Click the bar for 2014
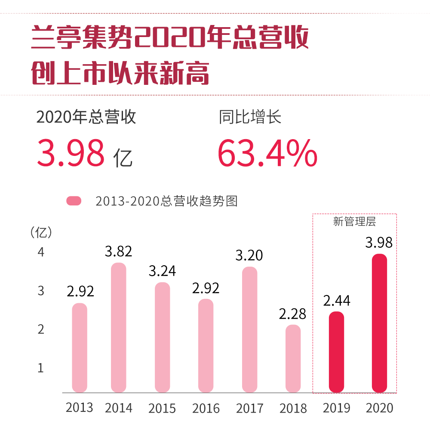pyautogui.click(x=118, y=327)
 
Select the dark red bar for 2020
pyautogui.click(x=379, y=323)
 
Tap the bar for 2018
pyautogui.click(x=293, y=358)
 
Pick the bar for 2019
pyautogui.click(x=336, y=352)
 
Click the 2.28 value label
pyautogui.click(x=292, y=314)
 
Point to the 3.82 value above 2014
pyautogui.click(x=118, y=252)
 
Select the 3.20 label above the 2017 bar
pyautogui.click(x=249, y=256)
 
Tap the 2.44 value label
pyautogui.click(x=337, y=301)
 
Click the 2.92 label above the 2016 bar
pyautogui.click(x=206, y=288)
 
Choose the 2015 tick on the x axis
pyautogui.click(x=162, y=408)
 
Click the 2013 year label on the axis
pyautogui.click(x=79, y=407)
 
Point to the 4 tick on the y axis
pyautogui.click(x=41, y=252)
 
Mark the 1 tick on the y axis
pyautogui.click(x=41, y=368)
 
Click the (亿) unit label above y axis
pyautogui.click(x=41, y=232)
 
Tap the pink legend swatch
pyautogui.click(x=74, y=201)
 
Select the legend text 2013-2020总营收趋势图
pyautogui.click(x=166, y=201)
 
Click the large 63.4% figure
pyautogui.click(x=267, y=153)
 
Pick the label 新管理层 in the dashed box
pyautogui.click(x=354, y=222)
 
